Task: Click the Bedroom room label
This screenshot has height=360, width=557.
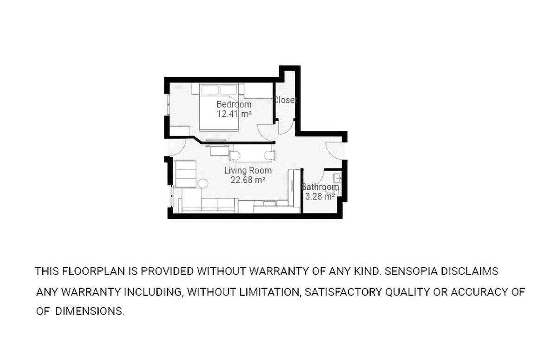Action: [x=234, y=104]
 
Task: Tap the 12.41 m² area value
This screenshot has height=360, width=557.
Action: [x=234, y=114]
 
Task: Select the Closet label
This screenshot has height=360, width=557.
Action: [x=285, y=100]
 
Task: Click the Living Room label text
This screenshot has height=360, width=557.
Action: [x=248, y=170]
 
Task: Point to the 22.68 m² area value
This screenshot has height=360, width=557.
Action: [x=248, y=180]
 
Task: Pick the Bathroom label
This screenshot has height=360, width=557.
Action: [x=320, y=187]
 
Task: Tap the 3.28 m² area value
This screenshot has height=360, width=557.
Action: [x=320, y=197]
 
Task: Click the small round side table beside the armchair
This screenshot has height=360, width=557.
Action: [x=203, y=184]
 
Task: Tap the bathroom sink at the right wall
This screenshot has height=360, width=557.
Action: [x=338, y=178]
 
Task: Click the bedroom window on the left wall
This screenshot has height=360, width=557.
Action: [x=168, y=104]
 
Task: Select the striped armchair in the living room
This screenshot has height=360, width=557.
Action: [x=186, y=174]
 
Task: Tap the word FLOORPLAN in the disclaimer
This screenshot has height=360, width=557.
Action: [x=93, y=271]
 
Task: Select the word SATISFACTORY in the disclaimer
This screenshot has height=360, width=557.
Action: [x=343, y=292]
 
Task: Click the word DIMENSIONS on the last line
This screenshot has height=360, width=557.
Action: [x=89, y=311]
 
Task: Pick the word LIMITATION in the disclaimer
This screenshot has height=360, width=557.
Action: [x=269, y=292]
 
